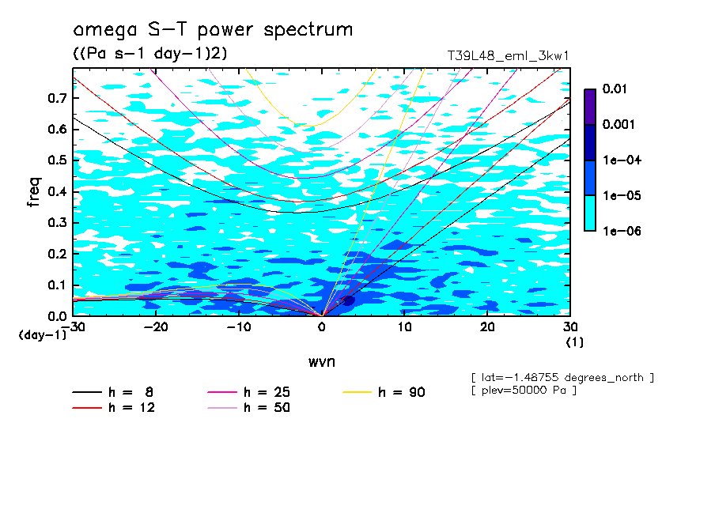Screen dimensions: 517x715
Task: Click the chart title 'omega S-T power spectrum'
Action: click(x=213, y=30)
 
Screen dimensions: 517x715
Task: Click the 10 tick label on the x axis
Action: click(x=404, y=327)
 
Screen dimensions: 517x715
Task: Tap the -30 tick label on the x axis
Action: click(x=73, y=327)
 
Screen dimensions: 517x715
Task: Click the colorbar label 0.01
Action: click(x=615, y=89)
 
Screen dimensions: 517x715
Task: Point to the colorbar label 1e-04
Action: click(x=619, y=160)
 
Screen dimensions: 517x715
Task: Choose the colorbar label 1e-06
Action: click(x=619, y=231)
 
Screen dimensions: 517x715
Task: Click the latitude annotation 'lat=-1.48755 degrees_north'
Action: click(x=562, y=377)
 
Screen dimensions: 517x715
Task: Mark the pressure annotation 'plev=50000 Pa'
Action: click(x=523, y=391)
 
